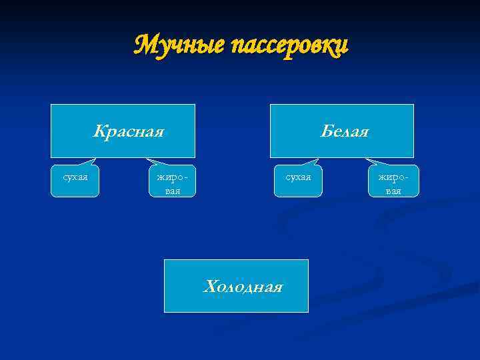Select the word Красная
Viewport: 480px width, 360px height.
tap(128, 130)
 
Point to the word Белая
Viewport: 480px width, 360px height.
tap(344, 131)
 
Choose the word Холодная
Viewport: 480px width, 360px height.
tap(243, 287)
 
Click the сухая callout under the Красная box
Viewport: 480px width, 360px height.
tap(75, 181)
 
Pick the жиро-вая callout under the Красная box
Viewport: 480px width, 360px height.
tap(172, 181)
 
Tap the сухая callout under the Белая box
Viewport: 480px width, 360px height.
tap(298, 181)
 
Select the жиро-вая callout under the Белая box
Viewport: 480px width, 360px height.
tap(393, 181)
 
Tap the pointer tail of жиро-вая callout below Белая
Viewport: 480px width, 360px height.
tap(373, 161)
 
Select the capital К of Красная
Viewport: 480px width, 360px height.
tap(99, 130)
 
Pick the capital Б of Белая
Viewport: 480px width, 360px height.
tap(325, 131)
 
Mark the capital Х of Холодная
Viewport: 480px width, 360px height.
tap(209, 287)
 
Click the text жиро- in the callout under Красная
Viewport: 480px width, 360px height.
tap(172, 177)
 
